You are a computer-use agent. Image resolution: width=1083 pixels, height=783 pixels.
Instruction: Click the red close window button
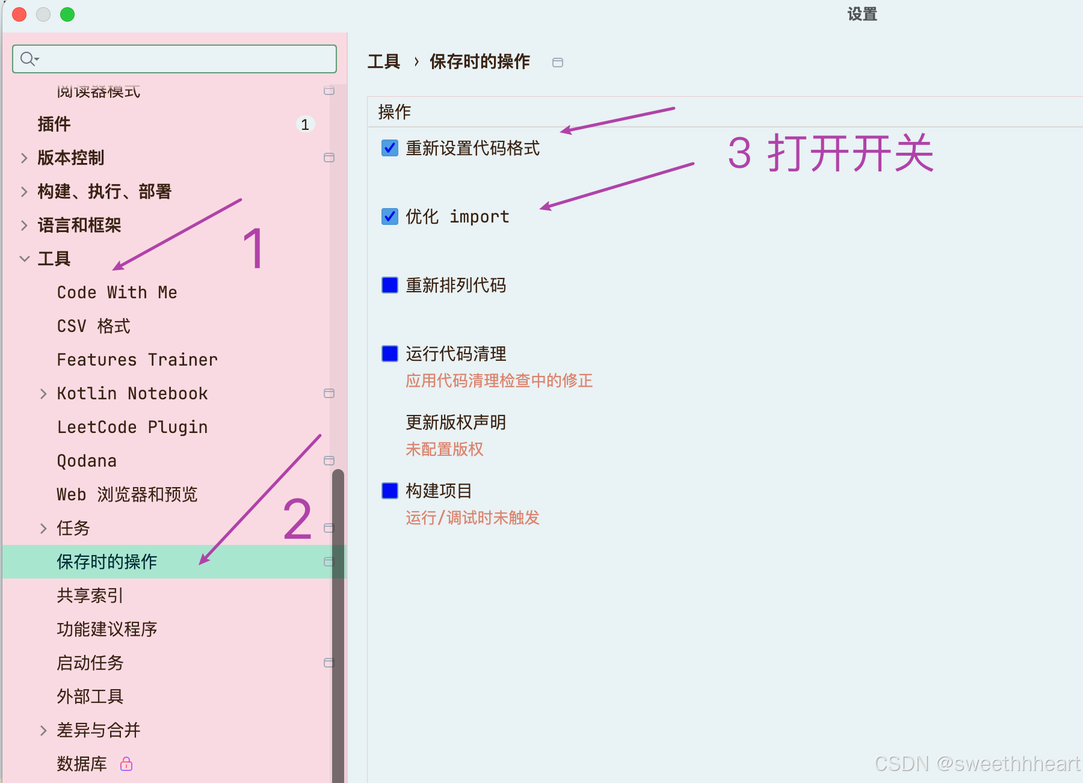click(x=19, y=14)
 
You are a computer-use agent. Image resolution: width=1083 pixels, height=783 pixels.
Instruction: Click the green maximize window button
click(x=67, y=14)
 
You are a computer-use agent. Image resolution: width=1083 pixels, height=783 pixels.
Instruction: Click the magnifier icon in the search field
click(x=28, y=59)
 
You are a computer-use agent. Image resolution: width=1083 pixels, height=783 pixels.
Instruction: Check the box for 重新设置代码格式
click(x=390, y=148)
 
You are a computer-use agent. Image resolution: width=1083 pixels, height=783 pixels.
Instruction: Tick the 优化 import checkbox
click(x=390, y=216)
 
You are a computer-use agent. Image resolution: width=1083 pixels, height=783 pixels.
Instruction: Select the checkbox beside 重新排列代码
click(x=390, y=285)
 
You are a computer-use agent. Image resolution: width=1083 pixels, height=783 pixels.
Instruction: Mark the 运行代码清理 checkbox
click(x=390, y=354)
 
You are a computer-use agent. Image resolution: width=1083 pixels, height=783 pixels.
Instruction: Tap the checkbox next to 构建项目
click(x=390, y=491)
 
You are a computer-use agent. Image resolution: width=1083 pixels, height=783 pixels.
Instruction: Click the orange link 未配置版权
click(x=445, y=449)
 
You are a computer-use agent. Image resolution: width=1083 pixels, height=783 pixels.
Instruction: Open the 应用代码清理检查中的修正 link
click(x=499, y=381)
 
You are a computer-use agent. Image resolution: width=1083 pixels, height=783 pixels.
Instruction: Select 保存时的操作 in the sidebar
click(x=107, y=562)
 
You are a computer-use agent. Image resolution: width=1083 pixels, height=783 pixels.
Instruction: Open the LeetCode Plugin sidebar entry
click(x=132, y=427)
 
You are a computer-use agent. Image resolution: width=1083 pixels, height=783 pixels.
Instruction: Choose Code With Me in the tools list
click(x=117, y=292)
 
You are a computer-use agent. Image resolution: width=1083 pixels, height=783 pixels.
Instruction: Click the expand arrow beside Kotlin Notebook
click(x=43, y=394)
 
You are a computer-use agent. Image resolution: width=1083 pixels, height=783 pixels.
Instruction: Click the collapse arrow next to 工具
click(x=25, y=259)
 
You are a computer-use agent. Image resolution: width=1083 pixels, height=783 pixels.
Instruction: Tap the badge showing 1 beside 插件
click(x=305, y=124)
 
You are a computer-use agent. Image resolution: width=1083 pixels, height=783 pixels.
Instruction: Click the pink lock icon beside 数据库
click(x=126, y=764)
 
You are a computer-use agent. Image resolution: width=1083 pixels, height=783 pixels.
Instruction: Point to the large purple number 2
click(x=297, y=518)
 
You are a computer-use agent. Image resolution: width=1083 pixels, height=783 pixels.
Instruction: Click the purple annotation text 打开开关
click(x=850, y=153)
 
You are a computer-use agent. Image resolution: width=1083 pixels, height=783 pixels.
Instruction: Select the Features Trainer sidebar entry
click(x=137, y=360)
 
